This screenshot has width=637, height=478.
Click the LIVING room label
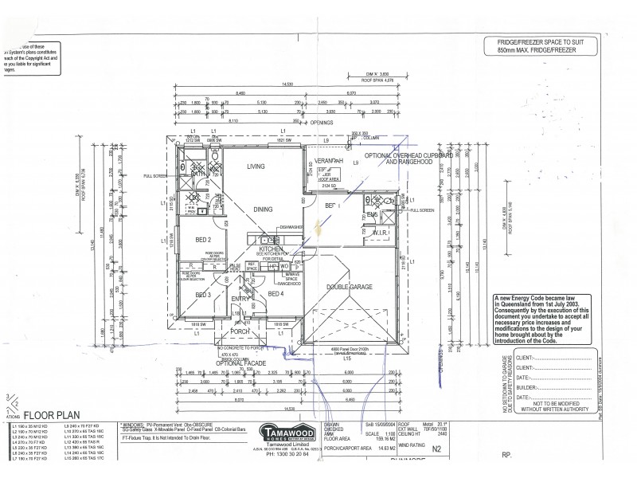click(256, 167)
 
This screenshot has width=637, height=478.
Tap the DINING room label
click(263, 209)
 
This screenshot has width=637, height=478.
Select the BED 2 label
click(203, 240)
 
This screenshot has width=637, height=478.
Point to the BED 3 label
click(203, 295)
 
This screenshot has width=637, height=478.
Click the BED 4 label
click(276, 294)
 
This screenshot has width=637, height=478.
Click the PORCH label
click(240, 333)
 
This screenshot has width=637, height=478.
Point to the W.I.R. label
click(379, 233)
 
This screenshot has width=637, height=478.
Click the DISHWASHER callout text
click(291, 225)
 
